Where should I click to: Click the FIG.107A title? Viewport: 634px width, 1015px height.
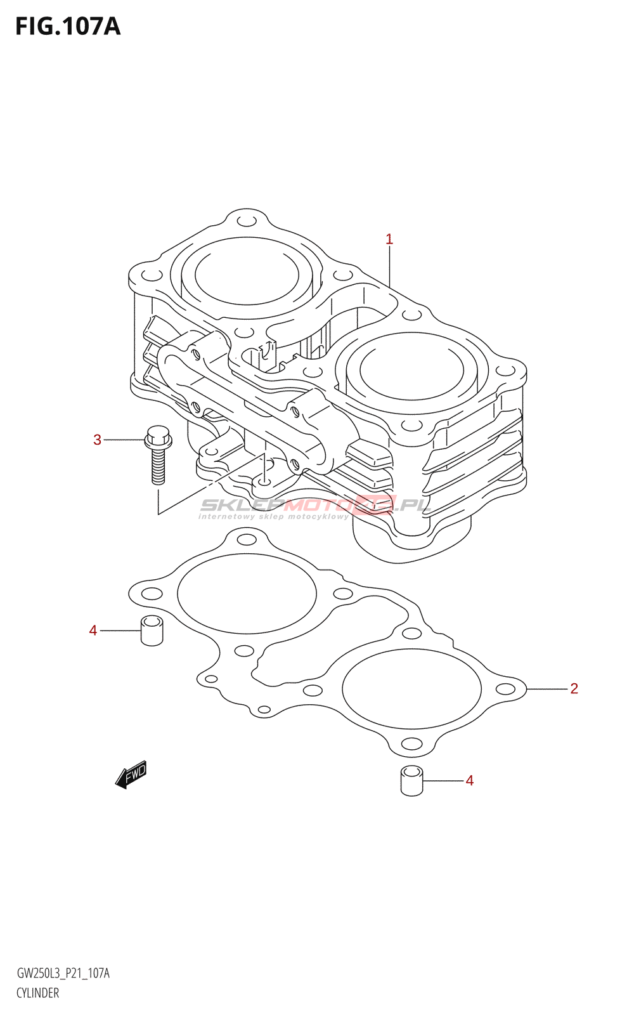(x=67, y=27)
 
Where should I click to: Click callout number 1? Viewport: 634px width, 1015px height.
(x=389, y=239)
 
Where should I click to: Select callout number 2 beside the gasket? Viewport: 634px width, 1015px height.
(x=574, y=688)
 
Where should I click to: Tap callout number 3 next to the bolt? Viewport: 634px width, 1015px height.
(x=97, y=440)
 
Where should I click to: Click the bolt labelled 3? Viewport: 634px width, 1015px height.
(x=157, y=454)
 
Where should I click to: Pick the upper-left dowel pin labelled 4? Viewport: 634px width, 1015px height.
(x=152, y=630)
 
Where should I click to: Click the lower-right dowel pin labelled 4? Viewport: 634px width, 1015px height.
(x=412, y=780)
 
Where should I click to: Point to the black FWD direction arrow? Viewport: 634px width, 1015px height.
(x=131, y=775)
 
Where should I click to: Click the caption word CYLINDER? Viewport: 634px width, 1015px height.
(x=38, y=993)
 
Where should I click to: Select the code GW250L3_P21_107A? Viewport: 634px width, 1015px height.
(x=63, y=973)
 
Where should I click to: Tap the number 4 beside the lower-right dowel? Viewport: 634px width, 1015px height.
(x=470, y=780)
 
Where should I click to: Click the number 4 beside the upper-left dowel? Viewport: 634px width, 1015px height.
(x=93, y=630)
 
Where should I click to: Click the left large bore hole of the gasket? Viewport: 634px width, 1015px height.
(x=247, y=594)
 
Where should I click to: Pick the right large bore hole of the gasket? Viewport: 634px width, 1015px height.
(x=411, y=689)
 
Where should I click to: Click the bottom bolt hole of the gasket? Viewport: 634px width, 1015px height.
(x=411, y=743)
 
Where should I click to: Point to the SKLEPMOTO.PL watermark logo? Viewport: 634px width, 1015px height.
(x=315, y=506)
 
